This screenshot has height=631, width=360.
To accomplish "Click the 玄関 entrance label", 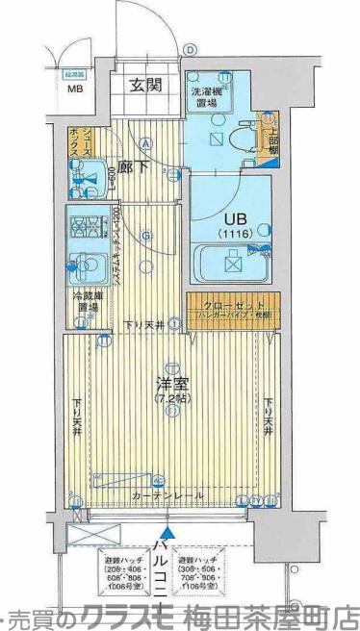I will [x=146, y=85].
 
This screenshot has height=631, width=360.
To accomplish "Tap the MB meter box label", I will [x=74, y=91].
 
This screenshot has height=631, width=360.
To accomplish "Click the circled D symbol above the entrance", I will [x=191, y=50].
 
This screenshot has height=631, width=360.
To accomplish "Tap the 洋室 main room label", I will [x=169, y=382].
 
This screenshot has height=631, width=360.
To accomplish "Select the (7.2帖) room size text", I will [x=169, y=397].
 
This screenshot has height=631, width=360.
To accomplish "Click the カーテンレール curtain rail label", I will [x=168, y=494].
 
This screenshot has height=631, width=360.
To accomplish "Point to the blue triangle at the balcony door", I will [x=168, y=530].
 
